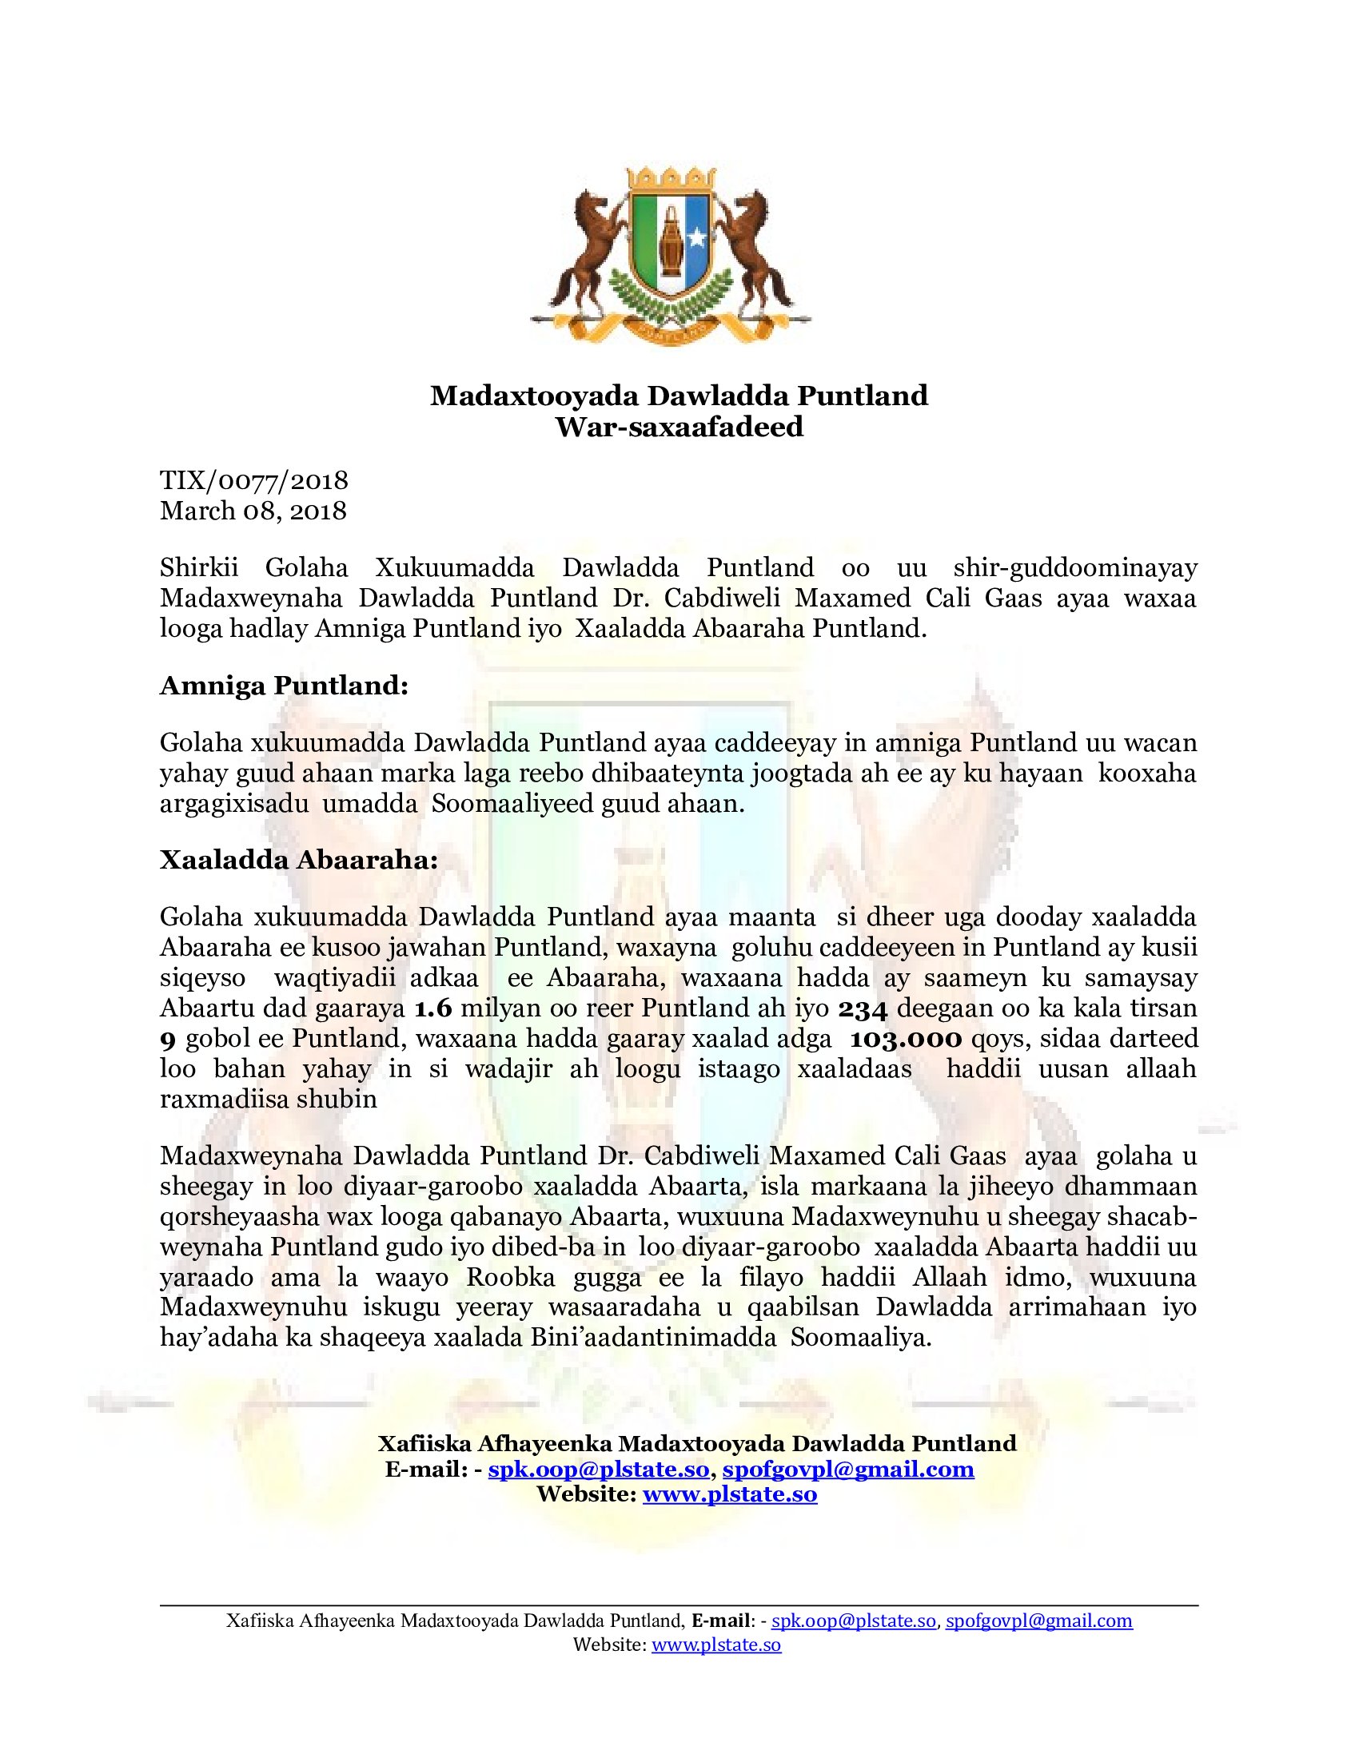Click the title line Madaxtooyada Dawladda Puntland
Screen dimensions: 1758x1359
[x=679, y=396]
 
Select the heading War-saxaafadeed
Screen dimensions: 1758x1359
[x=679, y=426]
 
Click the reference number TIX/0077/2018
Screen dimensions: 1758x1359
[x=253, y=480]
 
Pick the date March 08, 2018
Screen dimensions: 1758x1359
[x=253, y=511]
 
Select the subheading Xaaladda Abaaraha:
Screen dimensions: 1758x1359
[x=299, y=860]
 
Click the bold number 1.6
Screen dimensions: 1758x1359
[x=433, y=1008]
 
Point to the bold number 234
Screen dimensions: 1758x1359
[x=863, y=1008]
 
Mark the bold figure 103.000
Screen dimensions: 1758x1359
[x=906, y=1039]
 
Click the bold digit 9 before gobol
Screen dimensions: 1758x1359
[x=167, y=1039]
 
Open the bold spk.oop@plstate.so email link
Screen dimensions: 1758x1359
[x=598, y=1470]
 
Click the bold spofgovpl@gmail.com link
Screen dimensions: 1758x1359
[x=847, y=1470]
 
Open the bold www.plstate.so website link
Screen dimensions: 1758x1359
[x=730, y=1495]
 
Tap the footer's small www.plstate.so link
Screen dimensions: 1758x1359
[x=716, y=1645]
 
